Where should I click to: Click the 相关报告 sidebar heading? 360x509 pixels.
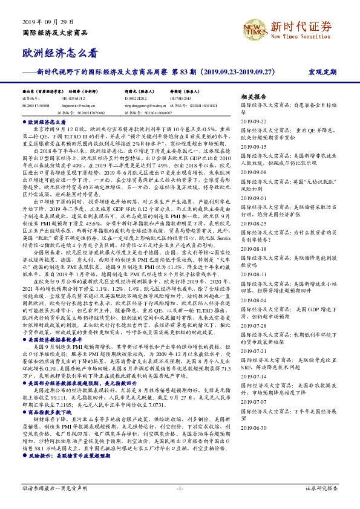click(254, 97)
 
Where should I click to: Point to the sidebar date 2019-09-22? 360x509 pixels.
click(255, 121)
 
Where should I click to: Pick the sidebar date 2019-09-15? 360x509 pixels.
click(255, 146)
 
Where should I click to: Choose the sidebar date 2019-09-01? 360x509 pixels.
click(255, 198)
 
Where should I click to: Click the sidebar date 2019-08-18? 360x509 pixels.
click(255, 249)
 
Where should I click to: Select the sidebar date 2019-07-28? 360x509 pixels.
click(255, 325)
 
